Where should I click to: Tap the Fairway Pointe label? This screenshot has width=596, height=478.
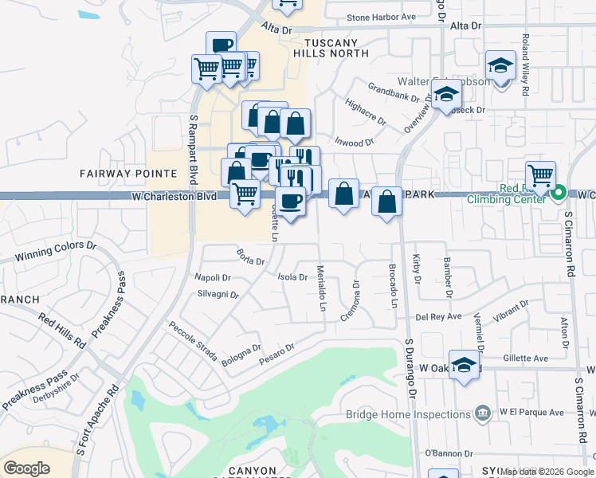coord(127,173)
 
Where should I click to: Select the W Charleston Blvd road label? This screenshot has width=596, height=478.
coord(174,196)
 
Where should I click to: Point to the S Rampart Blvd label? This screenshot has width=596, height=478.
coord(193,149)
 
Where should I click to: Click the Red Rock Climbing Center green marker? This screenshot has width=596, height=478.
coord(559,192)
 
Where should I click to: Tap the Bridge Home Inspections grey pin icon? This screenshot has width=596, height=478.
coord(482,413)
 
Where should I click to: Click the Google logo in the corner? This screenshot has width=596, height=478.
coord(26,468)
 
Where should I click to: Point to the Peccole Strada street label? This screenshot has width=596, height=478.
coord(192,342)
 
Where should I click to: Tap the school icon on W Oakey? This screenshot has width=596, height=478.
coord(465,365)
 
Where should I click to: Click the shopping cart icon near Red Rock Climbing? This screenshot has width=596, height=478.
coord(540,174)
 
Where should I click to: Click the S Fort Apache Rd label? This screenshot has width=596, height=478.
coord(97,421)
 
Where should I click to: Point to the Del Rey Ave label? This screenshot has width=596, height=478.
coord(438,316)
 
